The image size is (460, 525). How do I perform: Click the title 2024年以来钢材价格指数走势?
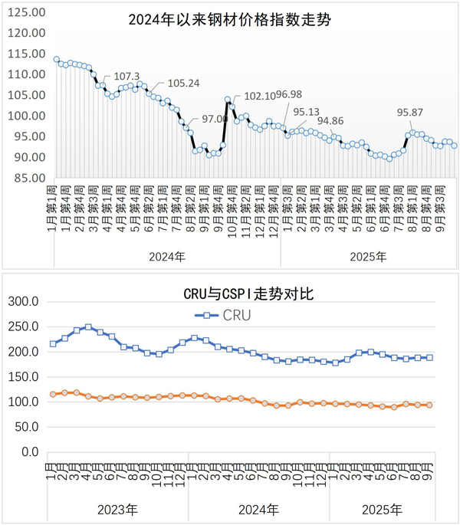click(x=229, y=21)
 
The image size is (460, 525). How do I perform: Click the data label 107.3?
click(x=127, y=77)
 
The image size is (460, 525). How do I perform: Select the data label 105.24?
click(x=183, y=84)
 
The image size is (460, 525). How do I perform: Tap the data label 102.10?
click(x=258, y=96)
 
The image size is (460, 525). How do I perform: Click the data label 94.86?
click(x=330, y=120)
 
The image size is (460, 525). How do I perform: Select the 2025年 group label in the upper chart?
click(x=369, y=256)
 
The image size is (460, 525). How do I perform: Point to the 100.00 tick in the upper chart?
click(x=28, y=116)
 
